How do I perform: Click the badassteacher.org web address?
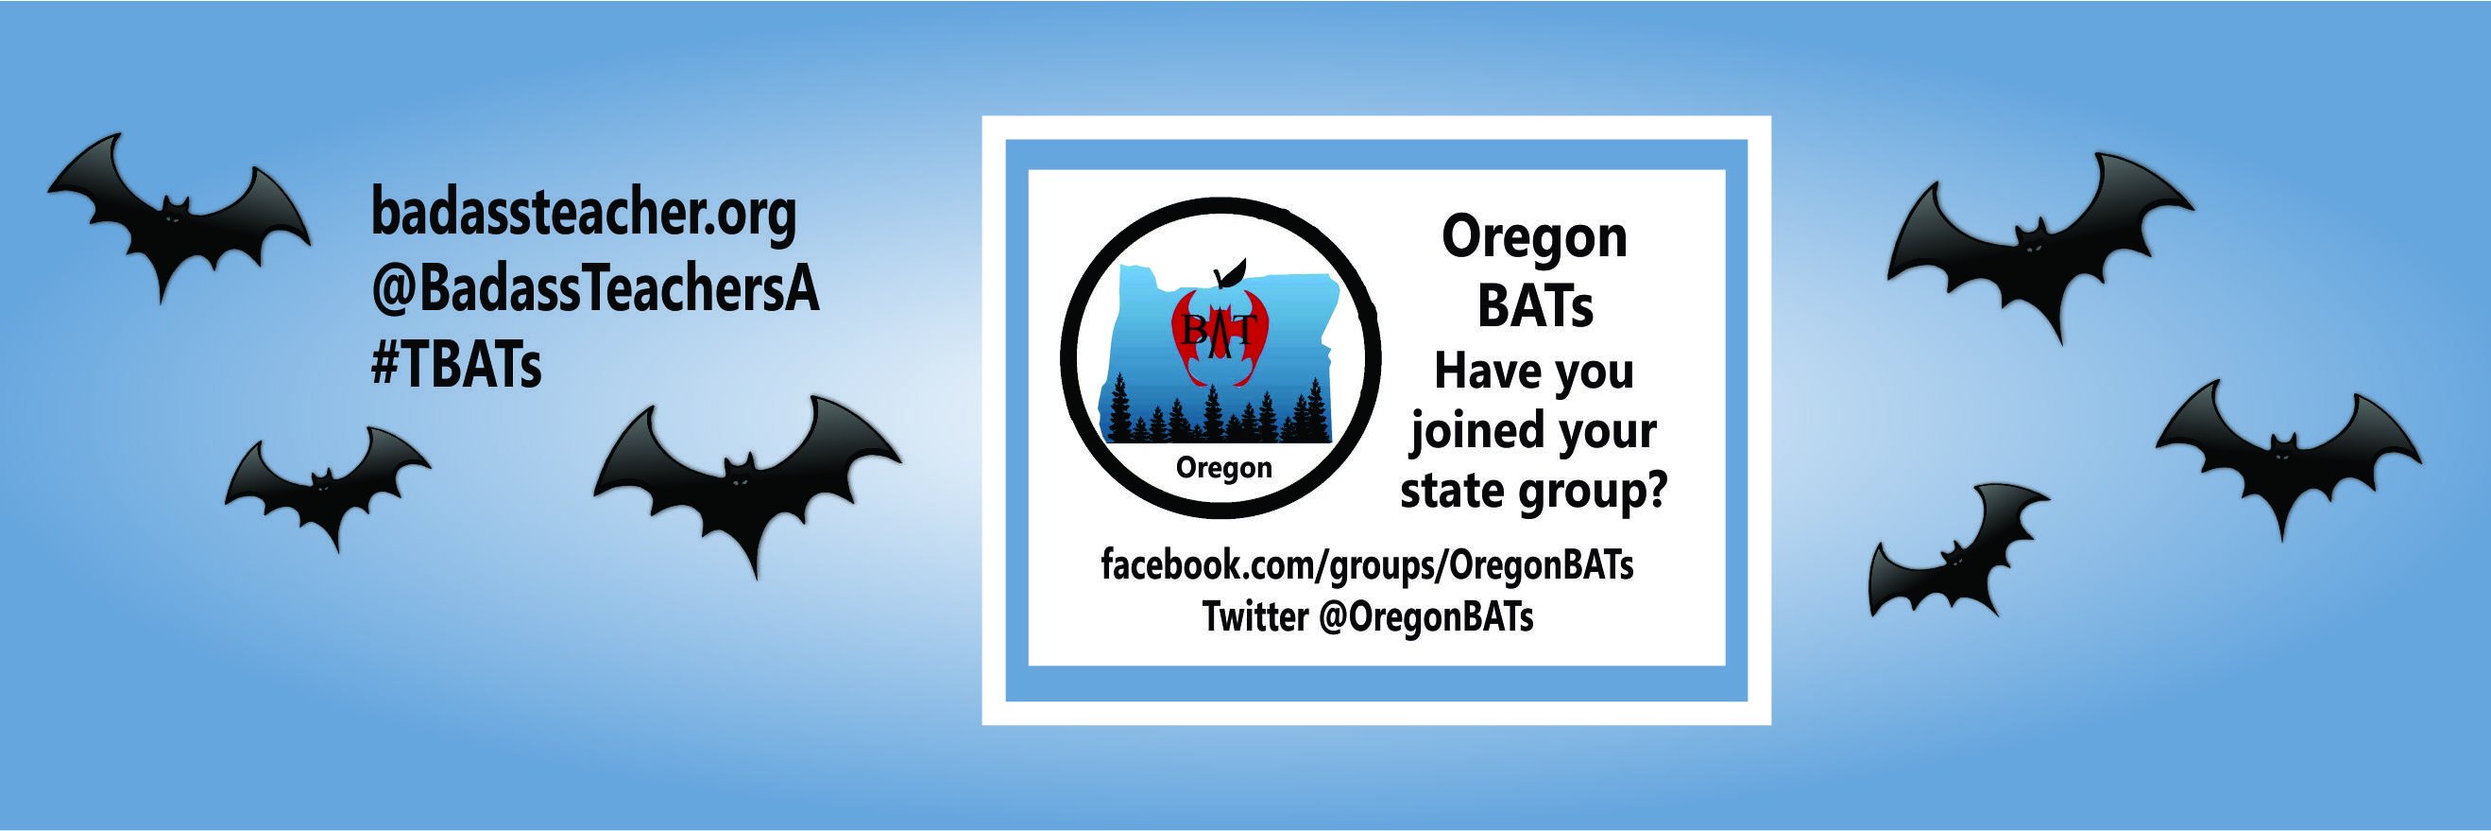(x=584, y=215)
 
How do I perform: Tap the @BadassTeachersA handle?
(x=595, y=290)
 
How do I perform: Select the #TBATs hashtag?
(x=455, y=366)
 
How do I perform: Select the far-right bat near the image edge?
(x=2288, y=455)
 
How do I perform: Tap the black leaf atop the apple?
(x=1229, y=275)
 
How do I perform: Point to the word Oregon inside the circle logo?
(x=1223, y=468)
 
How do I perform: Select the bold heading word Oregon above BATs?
(x=1535, y=239)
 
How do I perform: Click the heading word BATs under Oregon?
(x=1535, y=306)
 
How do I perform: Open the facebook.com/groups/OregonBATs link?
(x=1367, y=565)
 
